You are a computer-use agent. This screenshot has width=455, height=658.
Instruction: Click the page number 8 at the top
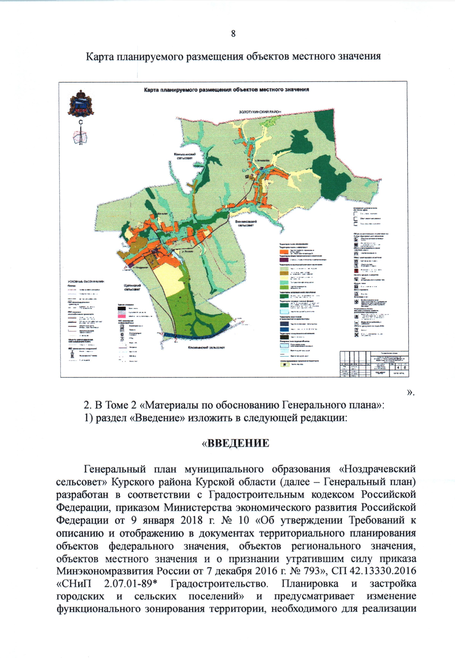tap(233, 33)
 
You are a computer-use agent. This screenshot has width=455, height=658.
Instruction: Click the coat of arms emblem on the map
tap(81, 103)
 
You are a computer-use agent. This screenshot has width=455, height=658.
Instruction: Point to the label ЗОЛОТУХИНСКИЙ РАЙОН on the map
tap(260, 112)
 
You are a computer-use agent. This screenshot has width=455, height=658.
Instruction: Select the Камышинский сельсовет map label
tap(185, 156)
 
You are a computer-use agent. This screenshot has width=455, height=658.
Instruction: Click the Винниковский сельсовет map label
tap(246, 223)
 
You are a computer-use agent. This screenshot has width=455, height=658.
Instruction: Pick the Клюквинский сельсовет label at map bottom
tap(206, 347)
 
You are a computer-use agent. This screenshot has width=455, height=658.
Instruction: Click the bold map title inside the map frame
tap(226, 90)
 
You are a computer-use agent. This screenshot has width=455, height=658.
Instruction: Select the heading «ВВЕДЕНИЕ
tap(235, 443)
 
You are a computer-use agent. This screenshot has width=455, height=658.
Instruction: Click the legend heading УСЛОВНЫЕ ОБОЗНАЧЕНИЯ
tap(86, 281)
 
